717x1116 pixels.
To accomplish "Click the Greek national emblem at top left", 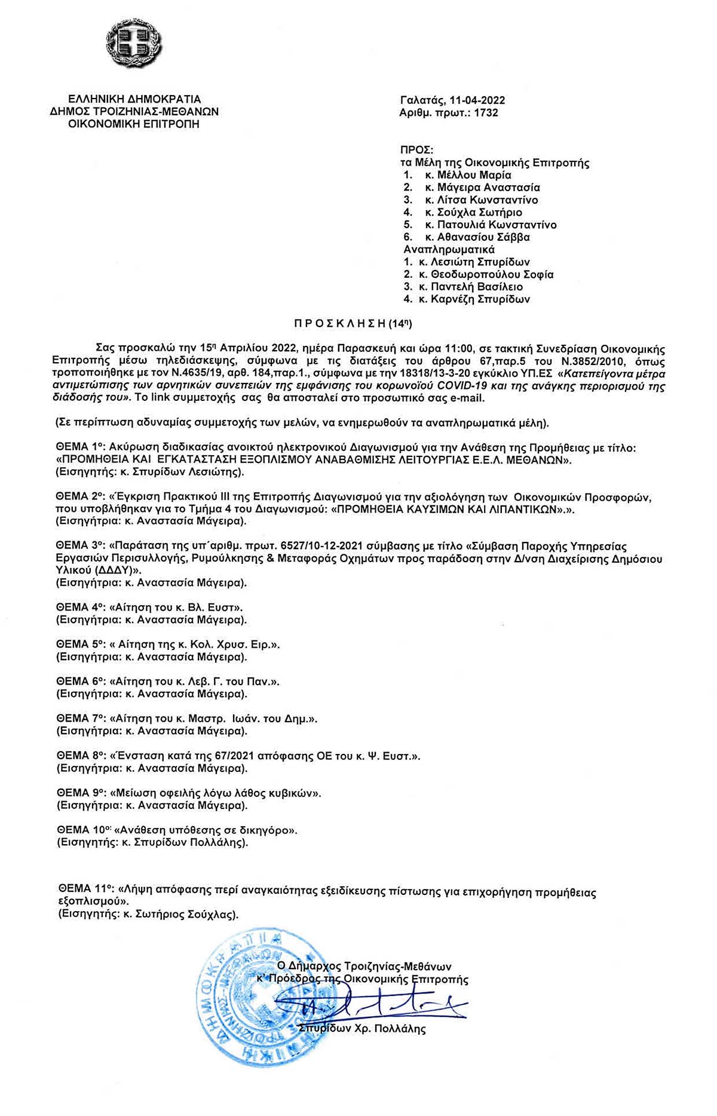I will tap(134, 44).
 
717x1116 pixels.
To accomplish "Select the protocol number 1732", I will tap(486, 112).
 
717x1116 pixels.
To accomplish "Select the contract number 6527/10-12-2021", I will tap(278, 547).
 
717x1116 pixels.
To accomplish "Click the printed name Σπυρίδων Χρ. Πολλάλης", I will tap(362, 1029).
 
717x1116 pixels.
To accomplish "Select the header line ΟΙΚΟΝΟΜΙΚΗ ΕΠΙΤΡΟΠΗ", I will tap(134, 124).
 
